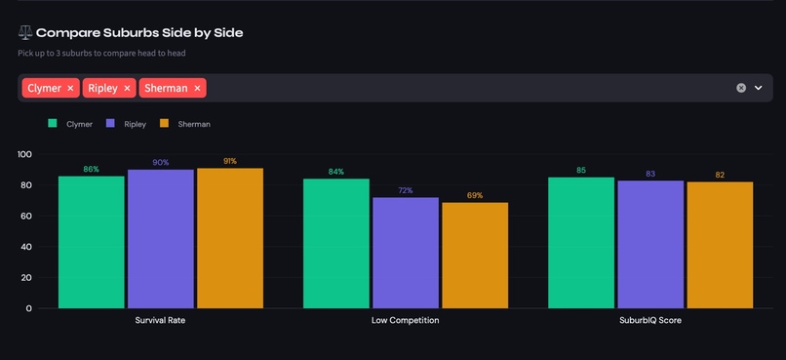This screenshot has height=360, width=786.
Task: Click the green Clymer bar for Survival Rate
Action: tap(91, 242)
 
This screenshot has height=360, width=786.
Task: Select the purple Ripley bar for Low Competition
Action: tap(405, 253)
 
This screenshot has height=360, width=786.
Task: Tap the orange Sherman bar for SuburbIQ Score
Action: tap(720, 245)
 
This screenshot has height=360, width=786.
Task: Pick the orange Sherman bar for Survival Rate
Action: tap(229, 238)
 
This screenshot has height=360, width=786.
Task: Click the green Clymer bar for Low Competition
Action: tap(335, 243)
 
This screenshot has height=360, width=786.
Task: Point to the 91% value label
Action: tap(229, 161)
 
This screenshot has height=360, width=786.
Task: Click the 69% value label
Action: tap(474, 195)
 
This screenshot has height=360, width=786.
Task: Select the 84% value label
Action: tap(335, 172)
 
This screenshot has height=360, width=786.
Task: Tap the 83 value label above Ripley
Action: tap(650, 174)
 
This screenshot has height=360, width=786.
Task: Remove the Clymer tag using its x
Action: tap(70, 88)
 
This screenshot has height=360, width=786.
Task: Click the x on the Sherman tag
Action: tap(197, 88)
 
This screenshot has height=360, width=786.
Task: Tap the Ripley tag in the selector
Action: tap(102, 88)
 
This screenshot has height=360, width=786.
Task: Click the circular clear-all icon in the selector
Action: tap(740, 88)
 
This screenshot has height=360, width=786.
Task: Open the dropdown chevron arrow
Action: tap(759, 88)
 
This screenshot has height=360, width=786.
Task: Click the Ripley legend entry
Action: tap(126, 124)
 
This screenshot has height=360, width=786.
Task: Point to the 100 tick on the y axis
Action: tap(24, 154)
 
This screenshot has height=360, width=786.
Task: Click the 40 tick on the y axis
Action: tap(26, 247)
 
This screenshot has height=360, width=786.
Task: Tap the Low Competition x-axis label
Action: tap(405, 320)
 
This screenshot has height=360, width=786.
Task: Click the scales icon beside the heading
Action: tap(24, 32)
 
